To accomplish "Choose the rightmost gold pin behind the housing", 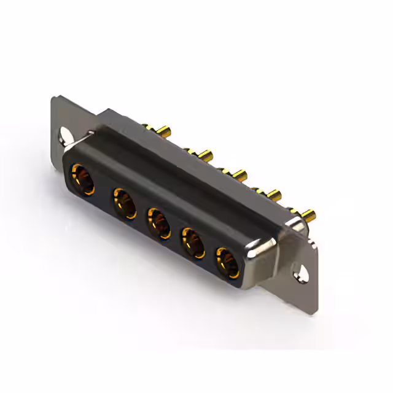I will click(x=309, y=216).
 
